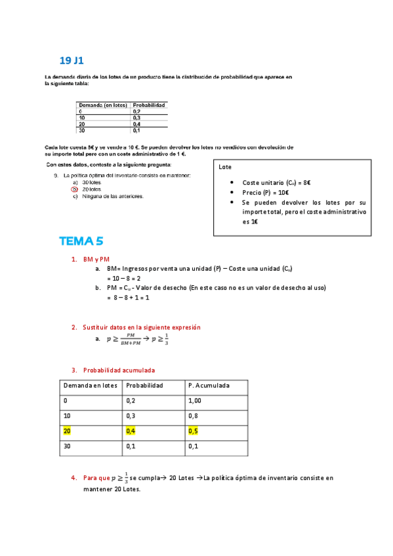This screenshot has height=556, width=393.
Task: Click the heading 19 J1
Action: (x=72, y=61)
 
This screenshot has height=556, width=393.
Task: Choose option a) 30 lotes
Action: (x=82, y=182)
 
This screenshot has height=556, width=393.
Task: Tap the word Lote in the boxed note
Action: (x=225, y=167)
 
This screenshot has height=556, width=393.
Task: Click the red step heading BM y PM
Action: (x=96, y=259)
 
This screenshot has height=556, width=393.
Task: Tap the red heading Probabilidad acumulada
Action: (x=119, y=370)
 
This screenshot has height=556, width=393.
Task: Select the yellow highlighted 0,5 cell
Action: (x=194, y=431)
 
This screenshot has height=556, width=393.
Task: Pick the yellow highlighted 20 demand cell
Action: (x=67, y=431)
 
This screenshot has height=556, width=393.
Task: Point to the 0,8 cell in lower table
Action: (x=194, y=416)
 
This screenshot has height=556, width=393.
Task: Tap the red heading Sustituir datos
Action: (x=141, y=327)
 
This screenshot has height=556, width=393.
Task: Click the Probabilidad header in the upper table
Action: (x=149, y=105)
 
